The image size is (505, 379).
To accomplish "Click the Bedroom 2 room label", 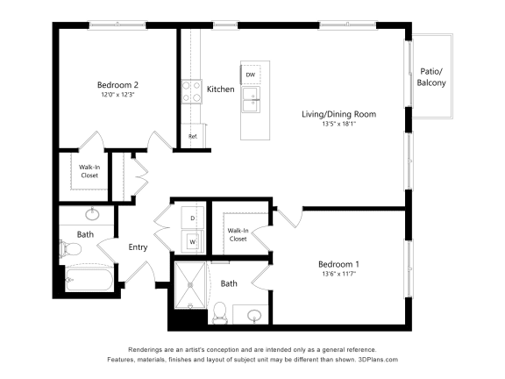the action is pyautogui.click(x=117, y=85).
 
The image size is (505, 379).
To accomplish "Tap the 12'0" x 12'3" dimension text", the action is pyautogui.click(x=117, y=95).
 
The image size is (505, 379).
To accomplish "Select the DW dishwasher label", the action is pyautogui.click(x=250, y=75).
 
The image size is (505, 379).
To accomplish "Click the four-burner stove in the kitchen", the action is pyautogui.click(x=192, y=91).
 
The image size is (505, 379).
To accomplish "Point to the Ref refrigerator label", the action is pyautogui.click(x=193, y=136).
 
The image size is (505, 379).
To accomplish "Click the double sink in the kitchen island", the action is pyautogui.click(x=251, y=100).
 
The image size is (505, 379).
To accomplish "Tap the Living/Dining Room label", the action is pyautogui.click(x=338, y=114).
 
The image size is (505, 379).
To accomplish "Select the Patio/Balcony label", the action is pyautogui.click(x=431, y=77).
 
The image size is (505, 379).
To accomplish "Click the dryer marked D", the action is pyautogui.click(x=193, y=218).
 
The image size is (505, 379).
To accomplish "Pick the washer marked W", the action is pyautogui.click(x=193, y=242).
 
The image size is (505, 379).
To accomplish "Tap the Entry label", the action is pyautogui.click(x=138, y=247).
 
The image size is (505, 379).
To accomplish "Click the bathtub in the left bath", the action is pyautogui.click(x=89, y=279).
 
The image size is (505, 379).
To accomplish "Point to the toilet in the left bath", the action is pyautogui.click(x=70, y=248).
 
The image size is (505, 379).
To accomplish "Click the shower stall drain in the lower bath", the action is pyautogui.click(x=190, y=285).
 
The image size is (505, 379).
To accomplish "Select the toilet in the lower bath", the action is pyautogui.click(x=220, y=312).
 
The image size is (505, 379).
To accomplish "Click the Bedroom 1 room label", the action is pyautogui.click(x=338, y=264).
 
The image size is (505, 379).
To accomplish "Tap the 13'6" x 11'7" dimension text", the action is pyautogui.click(x=338, y=275).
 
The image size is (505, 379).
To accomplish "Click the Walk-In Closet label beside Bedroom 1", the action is pyautogui.click(x=238, y=234).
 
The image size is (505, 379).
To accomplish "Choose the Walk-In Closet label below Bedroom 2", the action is pyautogui.click(x=89, y=171).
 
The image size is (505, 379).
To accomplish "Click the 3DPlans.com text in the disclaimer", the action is pyautogui.click(x=378, y=360).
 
